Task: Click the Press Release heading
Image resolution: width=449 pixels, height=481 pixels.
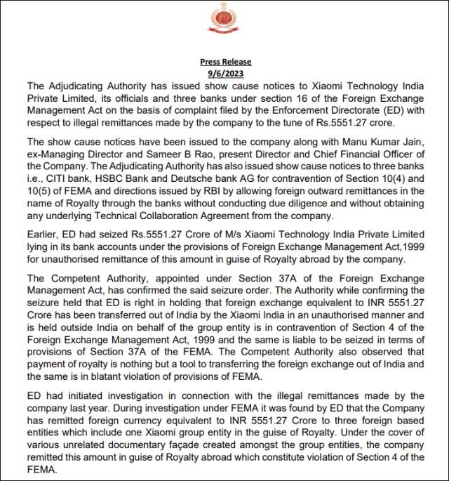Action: click(224, 62)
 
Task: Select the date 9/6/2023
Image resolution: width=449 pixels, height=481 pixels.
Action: click(224, 73)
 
